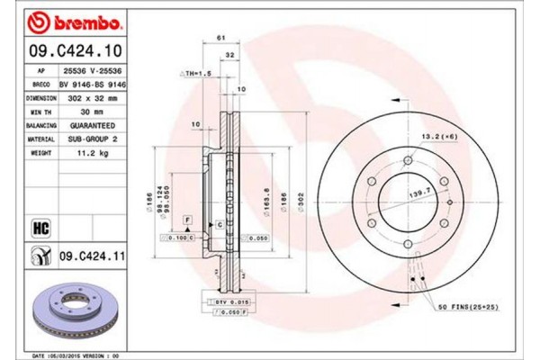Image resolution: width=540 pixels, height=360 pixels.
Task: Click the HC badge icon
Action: pyautogui.click(x=40, y=227)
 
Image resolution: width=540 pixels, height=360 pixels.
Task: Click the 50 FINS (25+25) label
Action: pyautogui.click(x=467, y=309)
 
